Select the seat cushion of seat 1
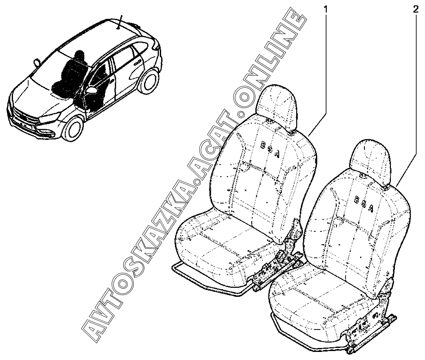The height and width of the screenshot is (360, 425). pyautogui.click(x=215, y=242)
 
